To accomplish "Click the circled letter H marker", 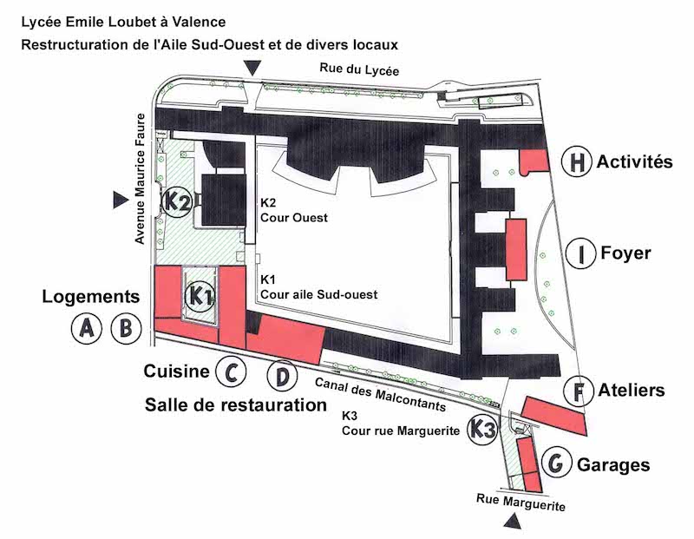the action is pos(577,161).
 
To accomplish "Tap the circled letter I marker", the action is pos(581,253).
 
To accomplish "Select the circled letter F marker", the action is pos(579,391).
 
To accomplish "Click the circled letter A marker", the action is pos(87,329).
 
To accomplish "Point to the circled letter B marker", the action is pos(126,329).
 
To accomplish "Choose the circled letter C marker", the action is pos(231,371).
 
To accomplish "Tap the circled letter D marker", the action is pos(283,376).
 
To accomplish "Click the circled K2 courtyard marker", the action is pos(177,201).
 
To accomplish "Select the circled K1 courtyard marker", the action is pos(200,295).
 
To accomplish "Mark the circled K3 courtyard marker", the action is pos(482,429).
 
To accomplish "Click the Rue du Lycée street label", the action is pos(359,69).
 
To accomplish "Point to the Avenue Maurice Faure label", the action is pos(141,179).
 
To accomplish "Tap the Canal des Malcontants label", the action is pos(380,394).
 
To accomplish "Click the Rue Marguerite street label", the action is pos(521,503).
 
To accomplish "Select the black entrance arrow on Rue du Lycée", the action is pos(253,68).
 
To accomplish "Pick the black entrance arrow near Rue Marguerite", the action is pos(513,522).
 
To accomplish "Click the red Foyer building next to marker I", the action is pos(516,249).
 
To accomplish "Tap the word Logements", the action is pos(91,297).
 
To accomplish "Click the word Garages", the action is pos(613,465).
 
